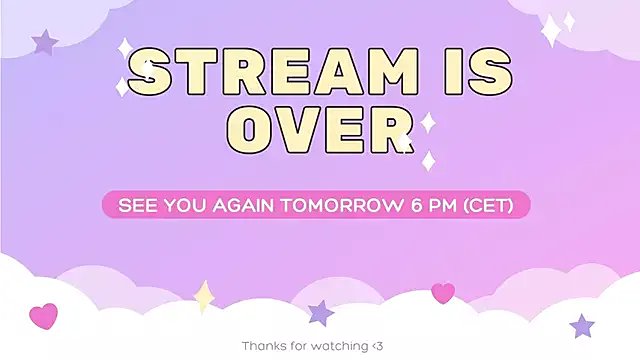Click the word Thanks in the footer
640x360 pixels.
tap(262, 346)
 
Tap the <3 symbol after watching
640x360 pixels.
tap(375, 346)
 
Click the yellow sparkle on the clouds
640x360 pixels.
tap(205, 295)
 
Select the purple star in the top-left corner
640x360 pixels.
tap(44, 42)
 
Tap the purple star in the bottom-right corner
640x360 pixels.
tap(582, 325)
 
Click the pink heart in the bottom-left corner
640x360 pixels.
tap(43, 316)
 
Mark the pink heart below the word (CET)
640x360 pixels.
tap(443, 292)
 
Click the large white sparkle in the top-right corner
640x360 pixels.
tap(551, 31)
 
